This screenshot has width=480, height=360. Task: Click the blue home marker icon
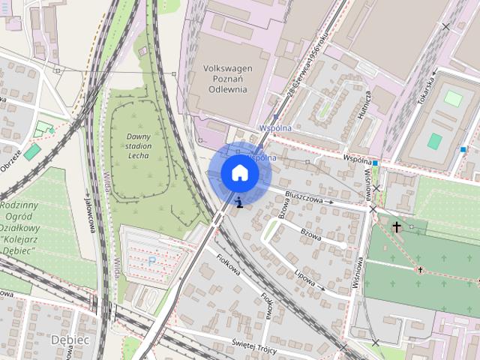tap(239, 172)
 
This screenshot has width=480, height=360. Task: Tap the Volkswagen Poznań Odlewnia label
tap(228, 77)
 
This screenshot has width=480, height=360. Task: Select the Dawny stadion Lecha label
tap(134, 145)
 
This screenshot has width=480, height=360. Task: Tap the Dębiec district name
tap(70, 340)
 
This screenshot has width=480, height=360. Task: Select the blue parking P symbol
tap(152, 260)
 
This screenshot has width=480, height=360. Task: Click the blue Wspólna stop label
tap(274, 128)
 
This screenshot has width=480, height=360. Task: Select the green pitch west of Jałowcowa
tap(31, 151)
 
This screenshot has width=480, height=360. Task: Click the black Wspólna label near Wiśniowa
tap(358, 160)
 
